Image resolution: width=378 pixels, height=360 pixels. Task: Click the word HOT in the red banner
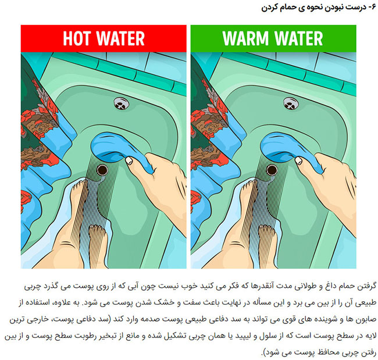77,38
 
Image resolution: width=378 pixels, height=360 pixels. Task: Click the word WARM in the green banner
245,38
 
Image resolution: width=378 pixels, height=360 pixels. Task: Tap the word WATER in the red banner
120,38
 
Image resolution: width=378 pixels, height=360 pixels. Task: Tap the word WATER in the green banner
298,38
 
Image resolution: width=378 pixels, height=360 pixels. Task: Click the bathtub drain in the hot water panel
122,103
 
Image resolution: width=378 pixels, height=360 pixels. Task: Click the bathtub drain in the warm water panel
291,103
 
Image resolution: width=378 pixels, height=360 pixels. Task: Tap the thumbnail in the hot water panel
129,161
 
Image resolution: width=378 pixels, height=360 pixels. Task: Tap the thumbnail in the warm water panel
299,161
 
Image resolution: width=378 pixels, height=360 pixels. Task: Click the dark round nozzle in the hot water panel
102,170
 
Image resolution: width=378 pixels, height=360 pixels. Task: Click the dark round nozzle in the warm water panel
272,170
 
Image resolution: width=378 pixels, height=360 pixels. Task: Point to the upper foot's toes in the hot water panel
80,185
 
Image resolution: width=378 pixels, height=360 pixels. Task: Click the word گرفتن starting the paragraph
367,286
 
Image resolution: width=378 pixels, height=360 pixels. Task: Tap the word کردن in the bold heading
269,8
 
